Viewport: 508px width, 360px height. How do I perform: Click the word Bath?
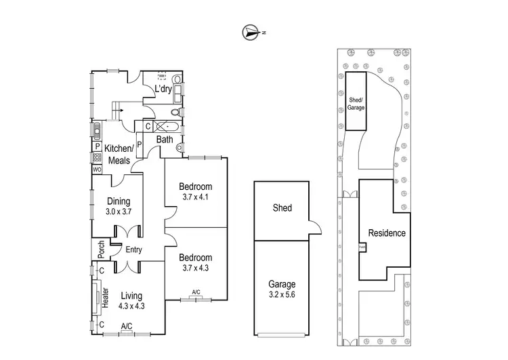[x=165, y=140]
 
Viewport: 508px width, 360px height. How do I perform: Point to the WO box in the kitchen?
[x=97, y=169]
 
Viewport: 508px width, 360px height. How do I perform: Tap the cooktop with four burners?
[x=97, y=157]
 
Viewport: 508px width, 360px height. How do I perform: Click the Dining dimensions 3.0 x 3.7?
[x=119, y=212]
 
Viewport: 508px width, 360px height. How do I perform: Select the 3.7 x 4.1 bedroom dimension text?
[x=196, y=197]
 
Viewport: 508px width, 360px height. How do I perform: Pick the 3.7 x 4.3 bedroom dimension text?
[x=196, y=268]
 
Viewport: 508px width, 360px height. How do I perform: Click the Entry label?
[x=133, y=249]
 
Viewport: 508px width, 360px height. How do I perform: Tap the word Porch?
[x=101, y=250]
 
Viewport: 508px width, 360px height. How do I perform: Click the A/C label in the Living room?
[x=127, y=327]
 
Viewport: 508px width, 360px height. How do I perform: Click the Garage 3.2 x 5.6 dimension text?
[x=282, y=296]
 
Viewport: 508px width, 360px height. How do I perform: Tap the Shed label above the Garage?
[x=282, y=208]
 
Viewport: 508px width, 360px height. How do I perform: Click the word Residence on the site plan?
[x=387, y=233]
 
